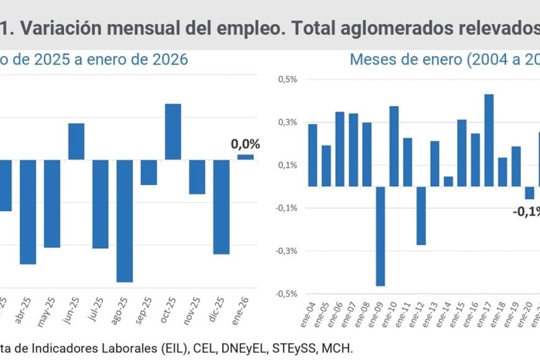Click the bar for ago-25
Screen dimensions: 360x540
tap(125, 220)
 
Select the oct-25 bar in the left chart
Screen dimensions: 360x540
tap(173, 132)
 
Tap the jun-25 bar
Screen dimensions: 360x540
tap(76, 142)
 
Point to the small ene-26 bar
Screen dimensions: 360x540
tap(245, 157)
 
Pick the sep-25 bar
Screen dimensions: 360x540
tap(149, 172)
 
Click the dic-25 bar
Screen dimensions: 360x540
tap(222, 207)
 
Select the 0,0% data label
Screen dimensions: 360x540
tap(245, 144)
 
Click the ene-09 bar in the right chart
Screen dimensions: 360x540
tap(380, 236)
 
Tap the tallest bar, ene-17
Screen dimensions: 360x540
tap(488, 140)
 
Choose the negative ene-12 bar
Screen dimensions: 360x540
tap(421, 215)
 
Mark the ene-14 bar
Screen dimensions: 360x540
tap(448, 181)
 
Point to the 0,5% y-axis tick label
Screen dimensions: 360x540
tap(287, 79)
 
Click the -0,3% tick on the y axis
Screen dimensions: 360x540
tap(286, 251)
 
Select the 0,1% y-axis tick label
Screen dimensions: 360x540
tap(287, 165)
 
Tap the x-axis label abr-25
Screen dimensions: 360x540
tap(25, 308)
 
